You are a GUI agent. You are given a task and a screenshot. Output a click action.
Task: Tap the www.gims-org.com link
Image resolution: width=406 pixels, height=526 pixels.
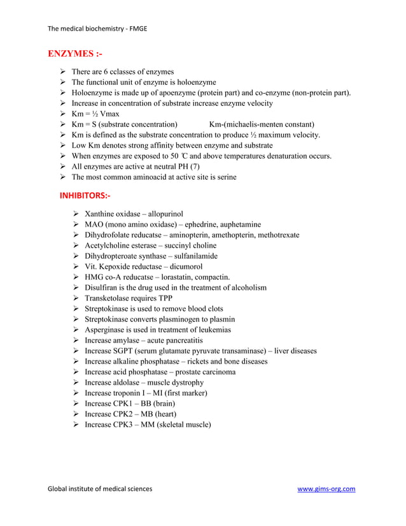(326, 489)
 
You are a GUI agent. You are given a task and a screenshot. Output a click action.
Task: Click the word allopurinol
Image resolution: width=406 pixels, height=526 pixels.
(165, 214)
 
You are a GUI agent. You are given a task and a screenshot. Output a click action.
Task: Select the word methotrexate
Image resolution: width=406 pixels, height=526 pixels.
(276, 235)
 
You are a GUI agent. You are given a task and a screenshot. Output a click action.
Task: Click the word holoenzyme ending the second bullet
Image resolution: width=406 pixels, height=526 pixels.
(194, 83)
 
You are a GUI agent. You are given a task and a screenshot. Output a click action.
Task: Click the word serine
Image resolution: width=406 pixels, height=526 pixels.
(225, 177)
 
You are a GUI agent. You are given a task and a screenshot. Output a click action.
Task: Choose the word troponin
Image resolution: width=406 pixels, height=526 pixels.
(128, 393)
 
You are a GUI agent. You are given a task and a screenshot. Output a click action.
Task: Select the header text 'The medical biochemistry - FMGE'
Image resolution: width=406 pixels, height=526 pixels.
(97, 29)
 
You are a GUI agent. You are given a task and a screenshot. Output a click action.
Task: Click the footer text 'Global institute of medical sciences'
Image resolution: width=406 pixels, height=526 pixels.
(100, 489)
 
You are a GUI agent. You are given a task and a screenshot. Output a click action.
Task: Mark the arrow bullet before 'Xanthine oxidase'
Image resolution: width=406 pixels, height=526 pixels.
(76, 214)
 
